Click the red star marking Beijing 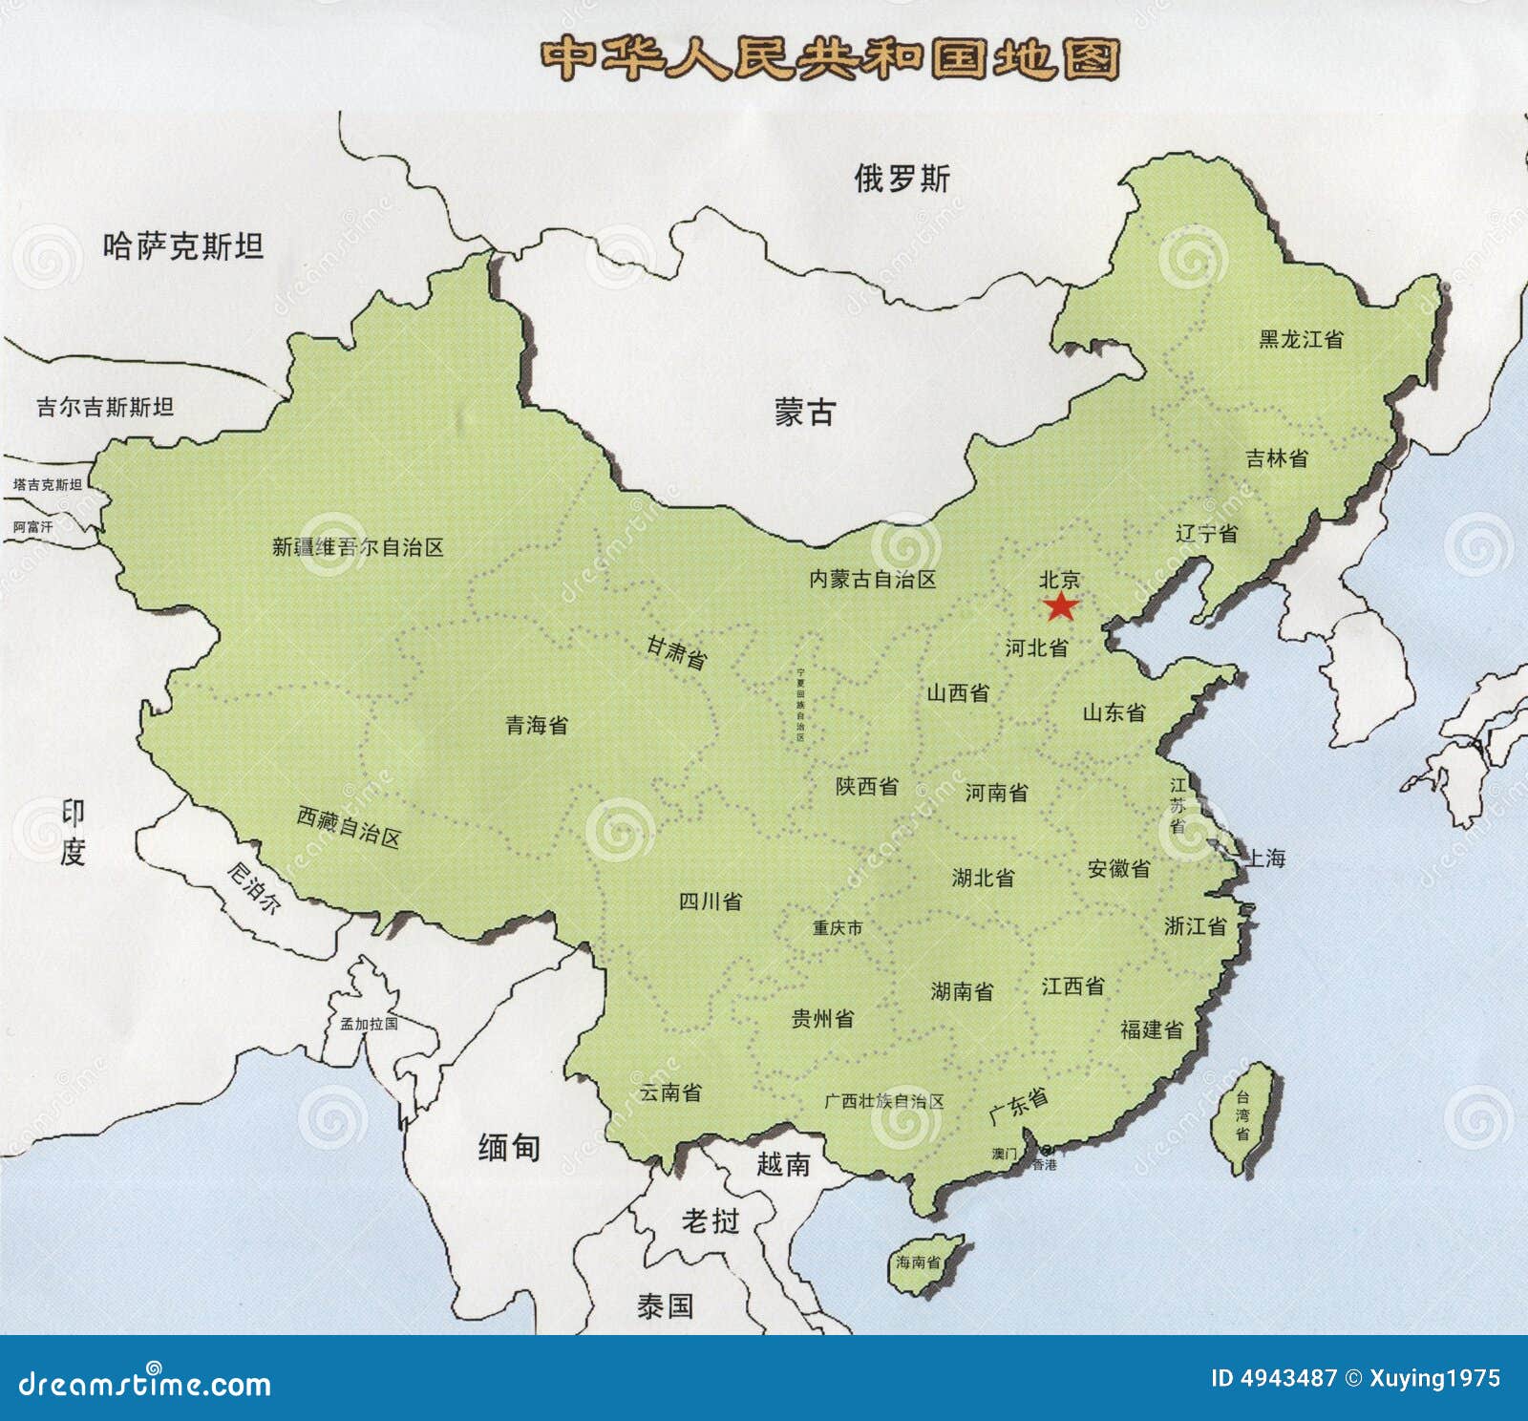pos(1059,606)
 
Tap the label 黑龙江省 pos(1301,339)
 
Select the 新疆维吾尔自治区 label pos(358,547)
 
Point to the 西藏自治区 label pos(349,826)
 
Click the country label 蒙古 pos(805,413)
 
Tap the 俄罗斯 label pos(902,179)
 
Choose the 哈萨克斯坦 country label pos(183,247)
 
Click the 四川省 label pos(710,901)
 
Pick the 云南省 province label pos(670,1092)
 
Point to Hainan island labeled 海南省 pos(920,1262)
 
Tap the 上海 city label pos(1266,859)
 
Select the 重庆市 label pos(838,927)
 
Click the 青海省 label pos(537,726)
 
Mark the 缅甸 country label pos(509,1147)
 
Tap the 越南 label pos(783,1163)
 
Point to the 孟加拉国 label pos(369,1024)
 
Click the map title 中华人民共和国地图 pos(829,59)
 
